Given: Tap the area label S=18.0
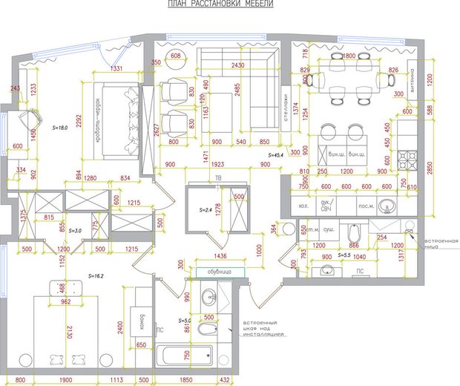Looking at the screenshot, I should (x=60, y=128).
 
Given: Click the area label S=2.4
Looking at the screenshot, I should (x=206, y=211).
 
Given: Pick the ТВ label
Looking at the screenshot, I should (x=217, y=179).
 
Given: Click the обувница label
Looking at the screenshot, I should (x=220, y=272).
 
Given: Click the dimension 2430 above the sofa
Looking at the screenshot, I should (x=237, y=66).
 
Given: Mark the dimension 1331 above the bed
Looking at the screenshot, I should (x=116, y=69).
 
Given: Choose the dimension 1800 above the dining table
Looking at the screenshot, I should (x=349, y=56).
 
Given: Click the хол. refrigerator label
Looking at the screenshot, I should (x=303, y=205).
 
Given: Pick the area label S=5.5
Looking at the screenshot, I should (x=343, y=255).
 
